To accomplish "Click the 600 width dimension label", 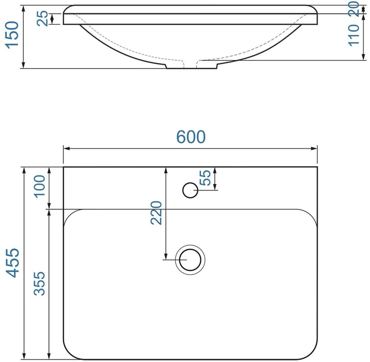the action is coord(191,137).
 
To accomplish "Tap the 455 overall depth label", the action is coord(12,262).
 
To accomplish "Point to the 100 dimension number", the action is coord(40,186).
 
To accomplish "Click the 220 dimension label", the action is coord(157,213).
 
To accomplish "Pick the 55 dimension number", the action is coord(205,178).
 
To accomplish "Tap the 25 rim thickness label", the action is coord(43,18).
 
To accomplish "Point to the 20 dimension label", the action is coord(354,9).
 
